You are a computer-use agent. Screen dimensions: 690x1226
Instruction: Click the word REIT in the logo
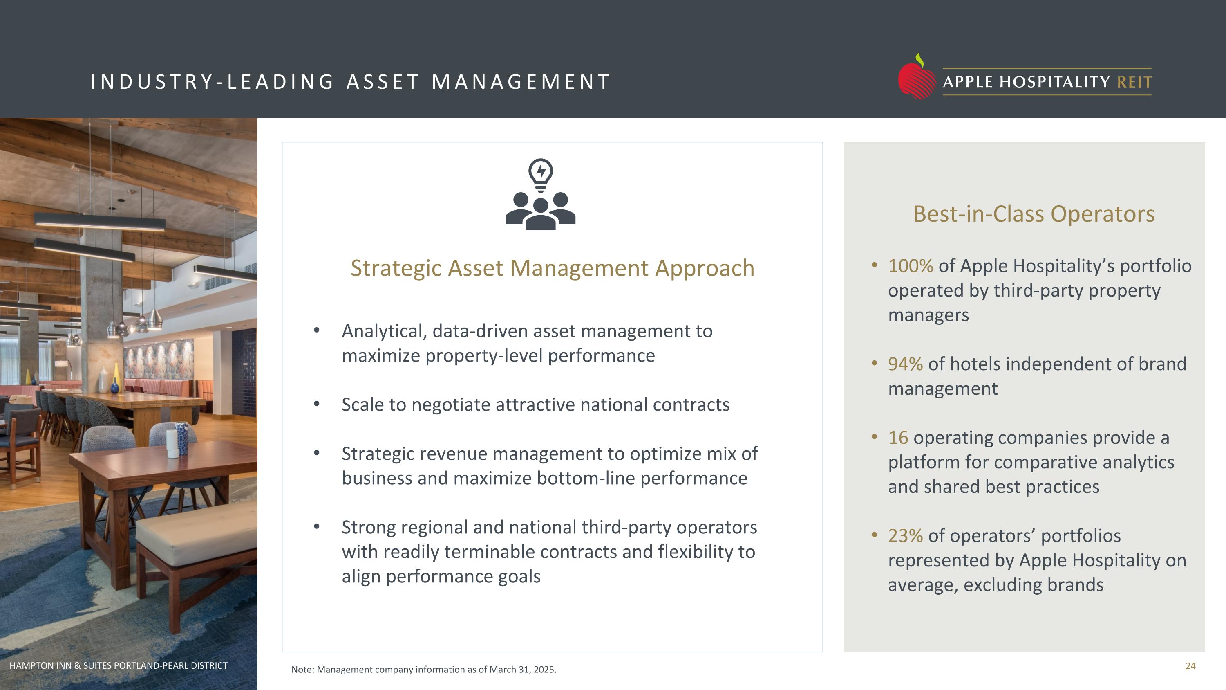[x=1134, y=82]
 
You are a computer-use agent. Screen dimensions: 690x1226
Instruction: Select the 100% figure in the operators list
[x=910, y=266]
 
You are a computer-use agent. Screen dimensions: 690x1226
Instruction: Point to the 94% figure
[x=905, y=364]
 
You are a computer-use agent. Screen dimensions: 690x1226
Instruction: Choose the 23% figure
[x=905, y=536]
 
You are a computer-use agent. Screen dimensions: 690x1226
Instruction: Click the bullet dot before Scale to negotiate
[x=316, y=404]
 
